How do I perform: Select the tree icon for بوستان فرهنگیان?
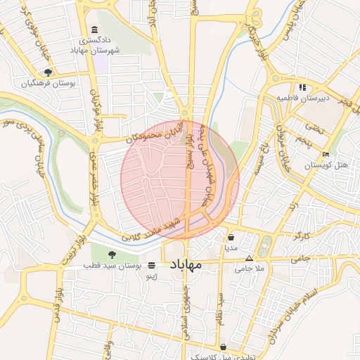[x=48, y=72]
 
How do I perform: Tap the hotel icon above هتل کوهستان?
[x=325, y=154]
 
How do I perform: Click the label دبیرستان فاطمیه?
[x=302, y=98]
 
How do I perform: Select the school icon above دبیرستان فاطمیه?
[x=302, y=87]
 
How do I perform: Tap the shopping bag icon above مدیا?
[x=231, y=237]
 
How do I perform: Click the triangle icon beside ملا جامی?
[x=248, y=258]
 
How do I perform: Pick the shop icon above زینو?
[x=152, y=266]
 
